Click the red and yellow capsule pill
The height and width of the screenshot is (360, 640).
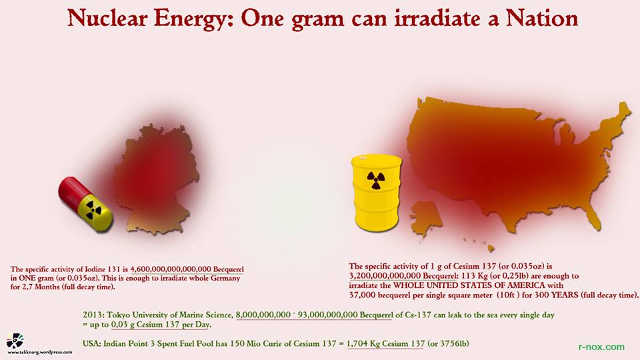click(85, 204)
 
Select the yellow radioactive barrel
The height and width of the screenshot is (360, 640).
click(377, 192)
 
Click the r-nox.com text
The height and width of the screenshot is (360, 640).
click(601, 347)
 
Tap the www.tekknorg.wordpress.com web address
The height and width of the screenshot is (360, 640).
click(40, 353)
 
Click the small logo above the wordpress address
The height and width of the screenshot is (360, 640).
click(15, 341)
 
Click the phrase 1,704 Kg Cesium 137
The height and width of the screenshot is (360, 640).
click(385, 343)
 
